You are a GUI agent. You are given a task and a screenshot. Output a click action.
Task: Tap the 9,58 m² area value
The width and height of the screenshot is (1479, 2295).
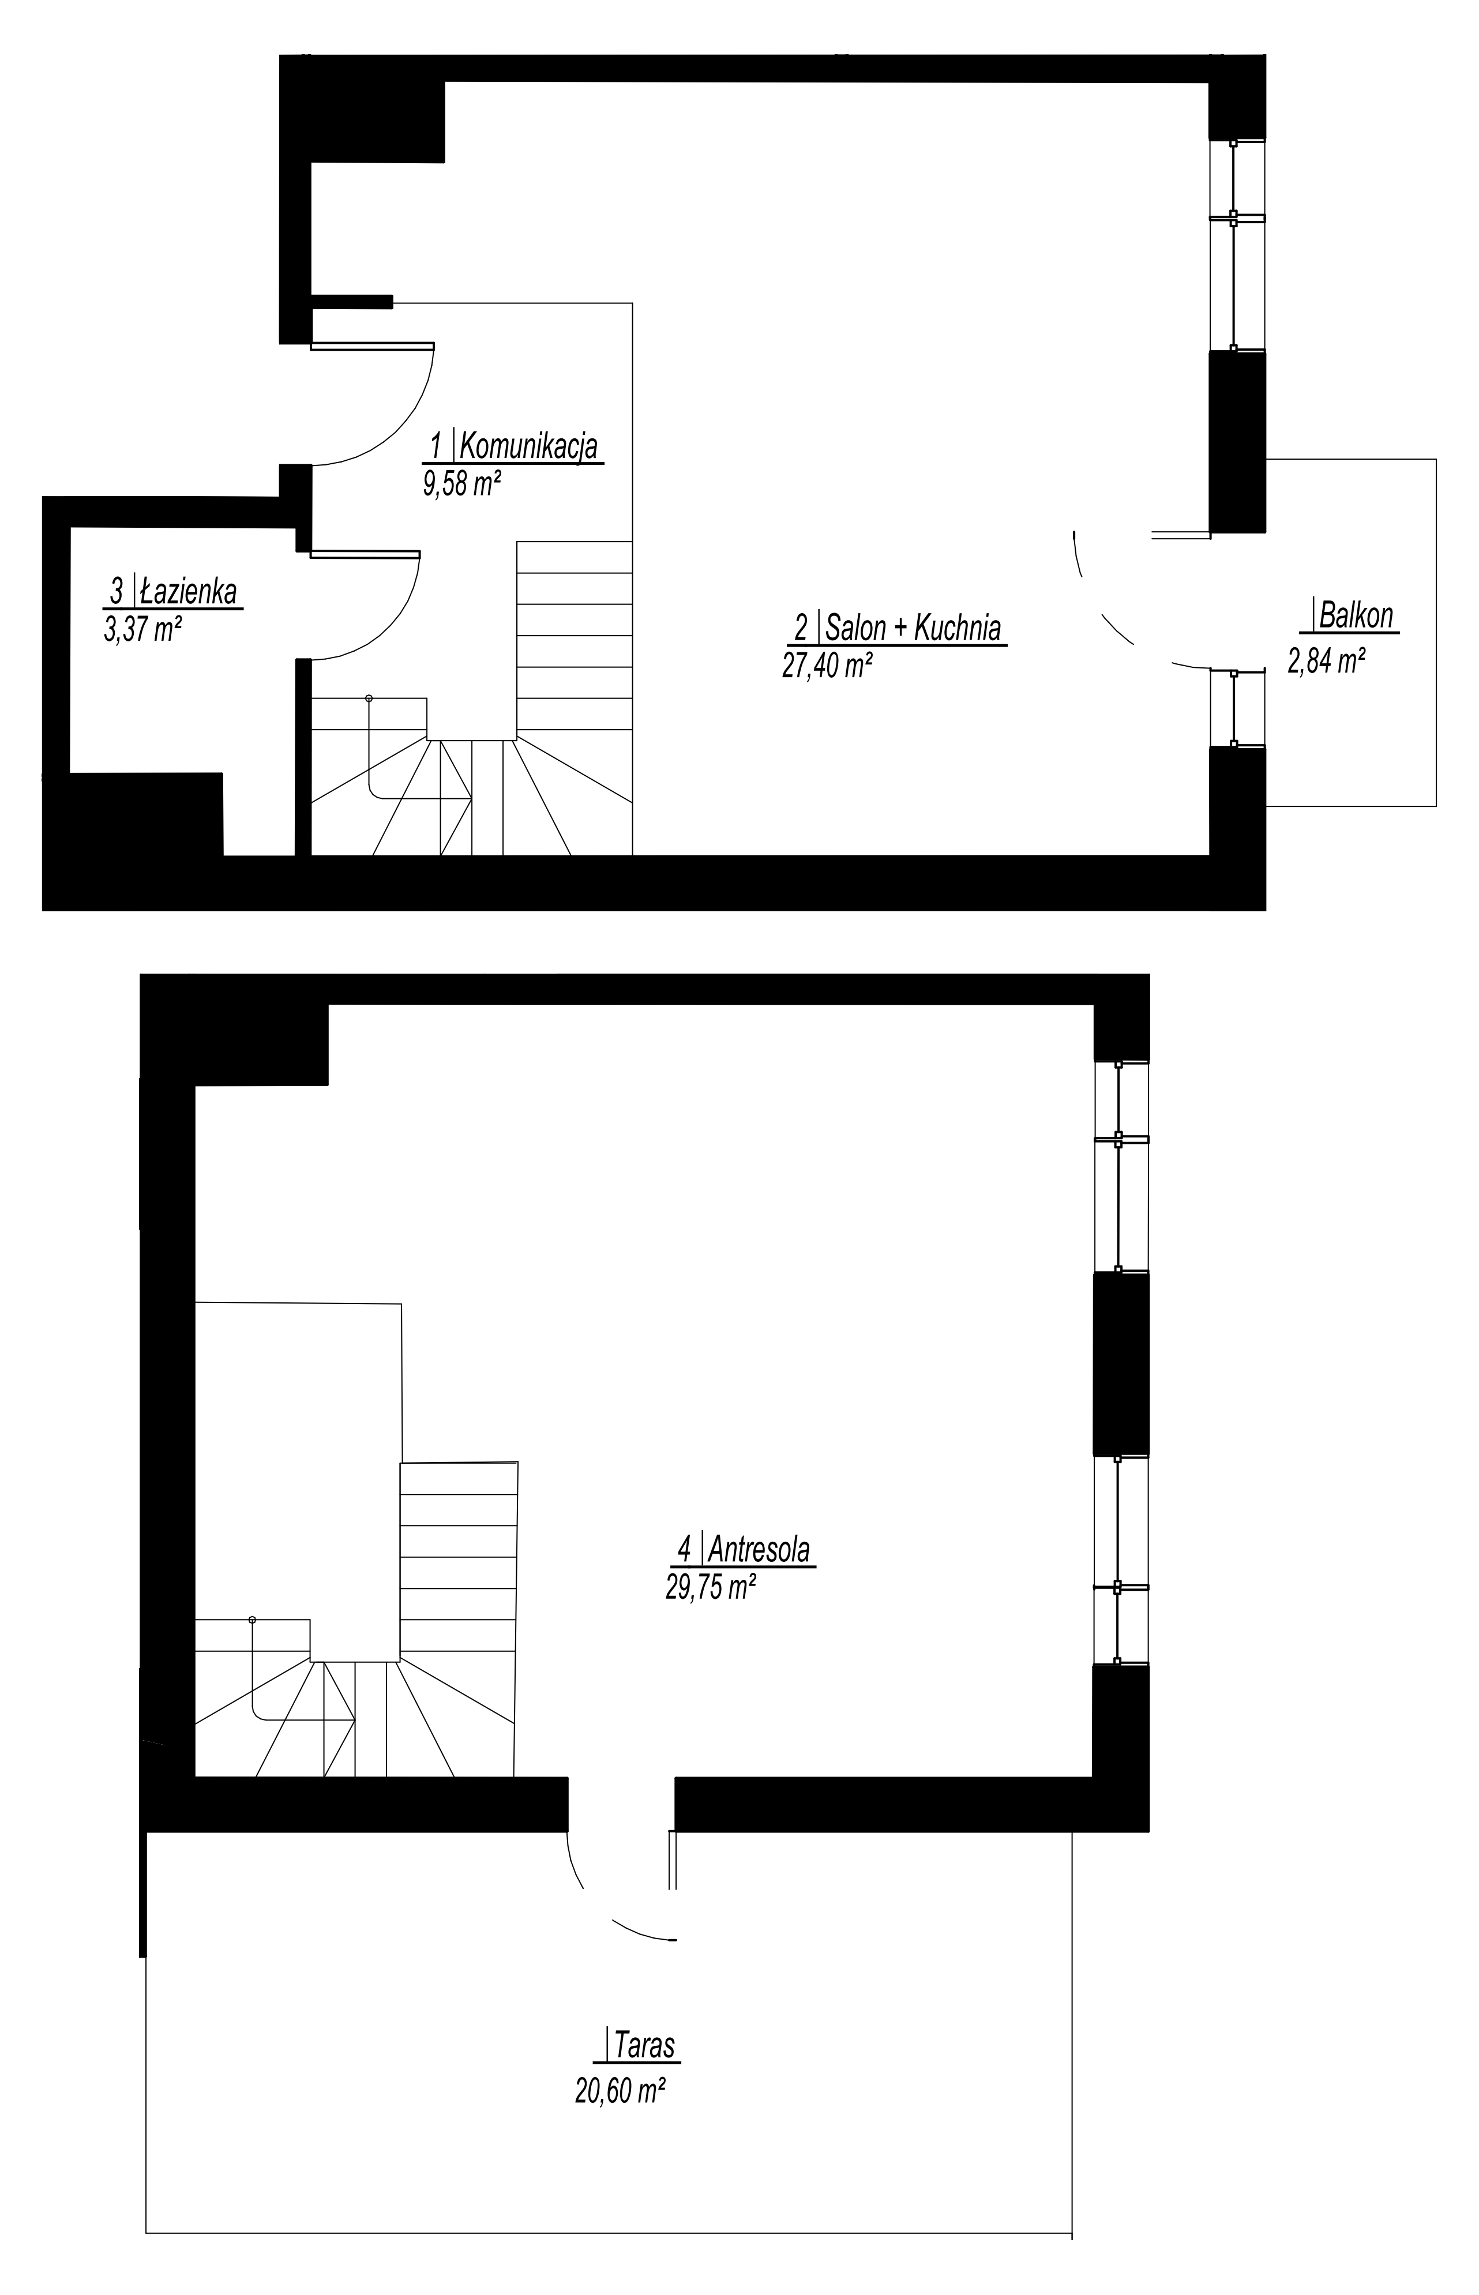[462, 483]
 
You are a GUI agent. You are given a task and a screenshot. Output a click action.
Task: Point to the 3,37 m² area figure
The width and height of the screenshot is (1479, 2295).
[142, 629]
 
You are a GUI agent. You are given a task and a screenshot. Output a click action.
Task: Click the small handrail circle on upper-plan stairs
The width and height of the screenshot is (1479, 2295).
[368, 698]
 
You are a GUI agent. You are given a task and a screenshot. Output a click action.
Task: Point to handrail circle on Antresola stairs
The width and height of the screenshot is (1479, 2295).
[253, 1620]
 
